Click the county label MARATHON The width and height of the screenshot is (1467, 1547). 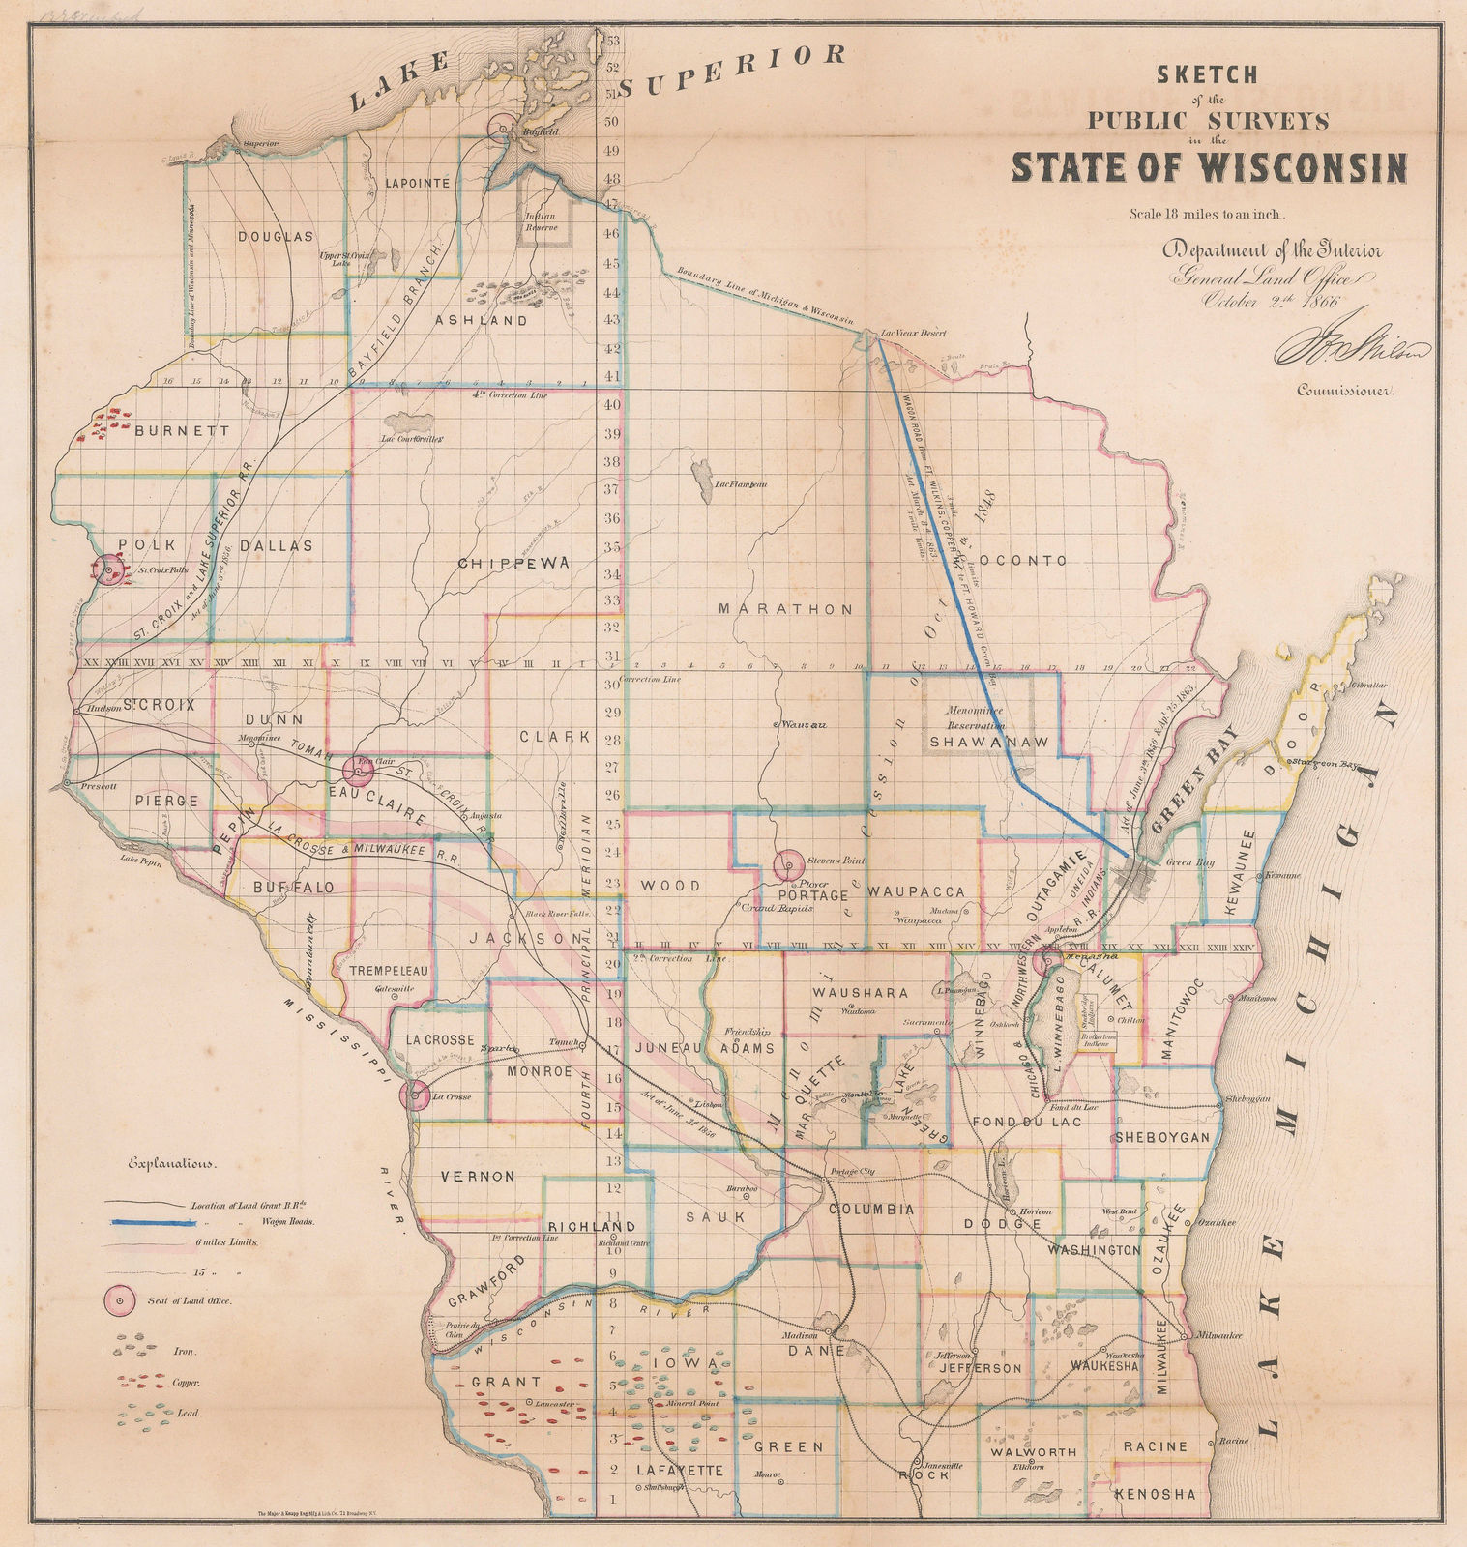(785, 609)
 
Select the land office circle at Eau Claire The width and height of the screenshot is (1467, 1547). (359, 770)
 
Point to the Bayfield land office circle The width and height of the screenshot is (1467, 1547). (502, 129)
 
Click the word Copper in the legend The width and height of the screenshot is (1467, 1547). (187, 1386)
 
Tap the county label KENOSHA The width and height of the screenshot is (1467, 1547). (1155, 1494)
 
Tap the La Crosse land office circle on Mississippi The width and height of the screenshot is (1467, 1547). (415, 1095)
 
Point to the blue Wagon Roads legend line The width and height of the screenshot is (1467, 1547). (148, 1222)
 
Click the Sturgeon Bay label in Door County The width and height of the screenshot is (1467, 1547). (1329, 764)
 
